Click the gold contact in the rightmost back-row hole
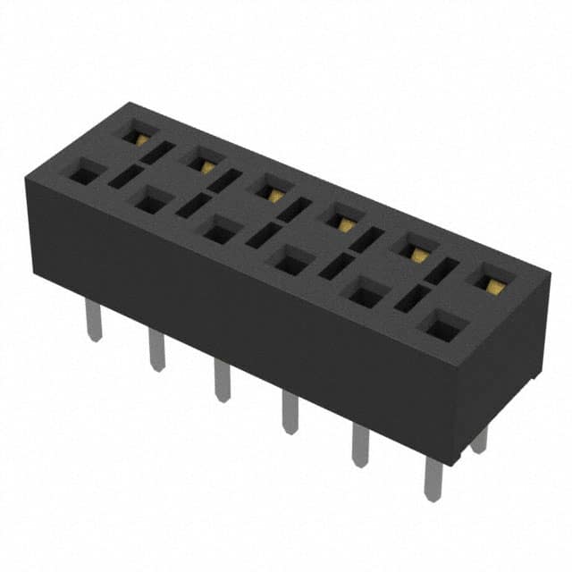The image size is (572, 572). point(492,284)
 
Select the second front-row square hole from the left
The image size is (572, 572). point(149,203)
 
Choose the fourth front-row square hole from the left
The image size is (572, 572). point(290,262)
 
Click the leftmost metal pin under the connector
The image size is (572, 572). point(94,320)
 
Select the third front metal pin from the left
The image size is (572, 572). point(222,380)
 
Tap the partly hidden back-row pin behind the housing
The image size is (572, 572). point(481,438)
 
